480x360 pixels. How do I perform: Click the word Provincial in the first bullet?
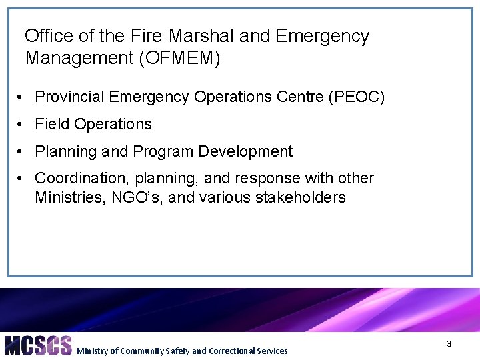pos(69,97)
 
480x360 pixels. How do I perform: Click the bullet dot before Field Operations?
pos(22,125)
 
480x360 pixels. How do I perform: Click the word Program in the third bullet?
pos(159,151)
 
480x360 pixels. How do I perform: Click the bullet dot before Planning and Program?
pos(22,152)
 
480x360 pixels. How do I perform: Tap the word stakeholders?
pos(301,197)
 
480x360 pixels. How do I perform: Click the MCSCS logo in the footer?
pos(37,345)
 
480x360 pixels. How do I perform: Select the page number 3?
pos(449,343)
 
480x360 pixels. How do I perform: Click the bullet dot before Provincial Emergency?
pos(22,97)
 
